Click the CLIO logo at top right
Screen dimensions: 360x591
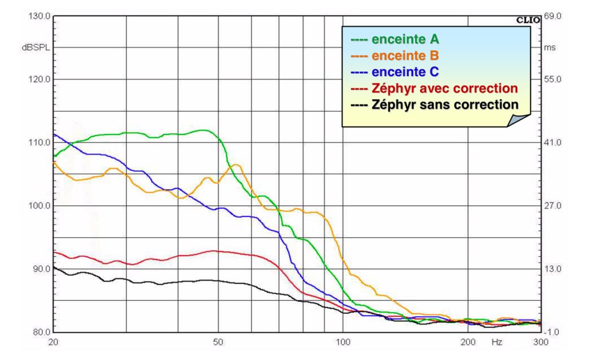click(x=528, y=20)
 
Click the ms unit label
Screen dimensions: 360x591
click(x=549, y=48)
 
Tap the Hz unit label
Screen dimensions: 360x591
click(x=497, y=342)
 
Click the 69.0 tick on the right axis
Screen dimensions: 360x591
click(x=553, y=16)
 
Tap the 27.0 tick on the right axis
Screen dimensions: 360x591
click(x=553, y=206)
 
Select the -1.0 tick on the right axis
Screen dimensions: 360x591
click(x=553, y=333)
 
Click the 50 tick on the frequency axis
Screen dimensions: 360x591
click(x=218, y=342)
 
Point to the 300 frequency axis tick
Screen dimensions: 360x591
click(x=540, y=342)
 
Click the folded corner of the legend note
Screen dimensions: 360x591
click(x=521, y=119)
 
